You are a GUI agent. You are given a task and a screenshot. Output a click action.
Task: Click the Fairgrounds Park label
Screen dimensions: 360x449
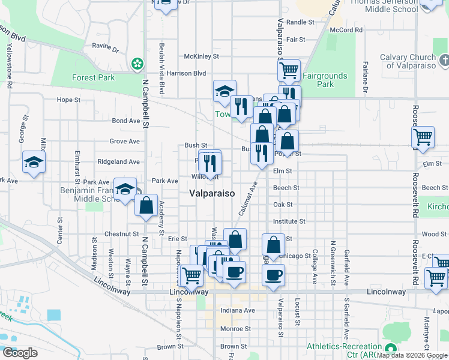tap(325, 80)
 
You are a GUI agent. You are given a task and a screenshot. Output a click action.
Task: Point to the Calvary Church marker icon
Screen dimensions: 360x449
tap(443, 60)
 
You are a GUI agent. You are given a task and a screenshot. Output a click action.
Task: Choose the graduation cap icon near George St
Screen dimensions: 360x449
tap(34, 161)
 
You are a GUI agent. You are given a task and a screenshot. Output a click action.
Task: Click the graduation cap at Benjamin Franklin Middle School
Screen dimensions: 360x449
tap(125, 190)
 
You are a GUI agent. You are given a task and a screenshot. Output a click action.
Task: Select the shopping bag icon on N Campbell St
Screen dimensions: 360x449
tap(146, 205)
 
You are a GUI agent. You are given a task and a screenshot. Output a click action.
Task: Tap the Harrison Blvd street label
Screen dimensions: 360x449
tap(186, 74)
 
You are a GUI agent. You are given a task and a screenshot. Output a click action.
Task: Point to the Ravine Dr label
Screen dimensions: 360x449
tap(106, 46)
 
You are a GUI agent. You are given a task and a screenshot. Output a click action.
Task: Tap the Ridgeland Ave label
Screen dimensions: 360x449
tap(120, 161)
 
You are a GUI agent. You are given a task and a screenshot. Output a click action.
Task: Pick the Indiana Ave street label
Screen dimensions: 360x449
tap(238, 310)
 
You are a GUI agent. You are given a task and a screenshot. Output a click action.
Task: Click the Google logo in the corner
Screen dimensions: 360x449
tap(20, 353)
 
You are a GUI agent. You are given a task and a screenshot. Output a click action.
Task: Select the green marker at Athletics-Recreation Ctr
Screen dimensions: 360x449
tap(391, 349)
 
